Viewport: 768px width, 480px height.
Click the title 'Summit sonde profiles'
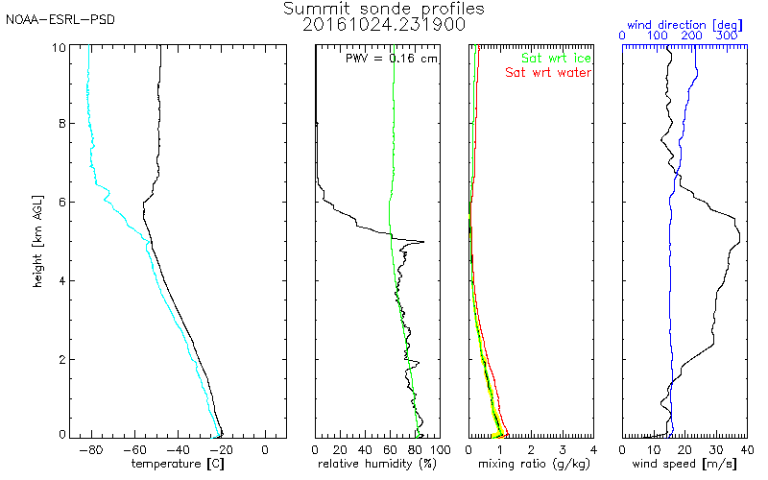click(384, 9)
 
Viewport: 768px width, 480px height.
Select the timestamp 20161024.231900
click(384, 24)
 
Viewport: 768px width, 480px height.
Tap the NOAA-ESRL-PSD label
click(60, 20)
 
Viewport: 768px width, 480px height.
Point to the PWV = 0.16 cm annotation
click(391, 59)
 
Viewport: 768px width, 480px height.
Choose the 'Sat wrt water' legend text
click(549, 72)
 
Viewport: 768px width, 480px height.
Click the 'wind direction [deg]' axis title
click(683, 22)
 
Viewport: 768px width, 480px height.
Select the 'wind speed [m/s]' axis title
click(683, 464)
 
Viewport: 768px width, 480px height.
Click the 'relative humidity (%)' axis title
click(377, 464)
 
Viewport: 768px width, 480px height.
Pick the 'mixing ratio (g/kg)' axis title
click(530, 464)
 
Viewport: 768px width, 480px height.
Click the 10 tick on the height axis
click(60, 46)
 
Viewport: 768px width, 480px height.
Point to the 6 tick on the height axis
click(63, 202)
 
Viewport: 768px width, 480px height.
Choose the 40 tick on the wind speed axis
click(747, 448)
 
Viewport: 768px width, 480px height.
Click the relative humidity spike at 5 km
click(422, 242)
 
